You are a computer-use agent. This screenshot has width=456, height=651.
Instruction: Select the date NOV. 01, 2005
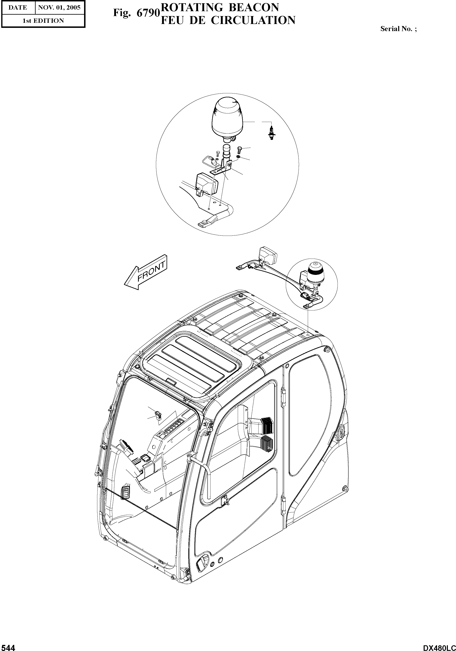point(59,7)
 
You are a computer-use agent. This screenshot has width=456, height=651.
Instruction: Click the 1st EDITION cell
point(43,21)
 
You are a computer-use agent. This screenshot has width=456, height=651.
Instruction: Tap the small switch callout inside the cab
point(158,415)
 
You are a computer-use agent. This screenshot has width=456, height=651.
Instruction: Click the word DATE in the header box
point(18,7)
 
